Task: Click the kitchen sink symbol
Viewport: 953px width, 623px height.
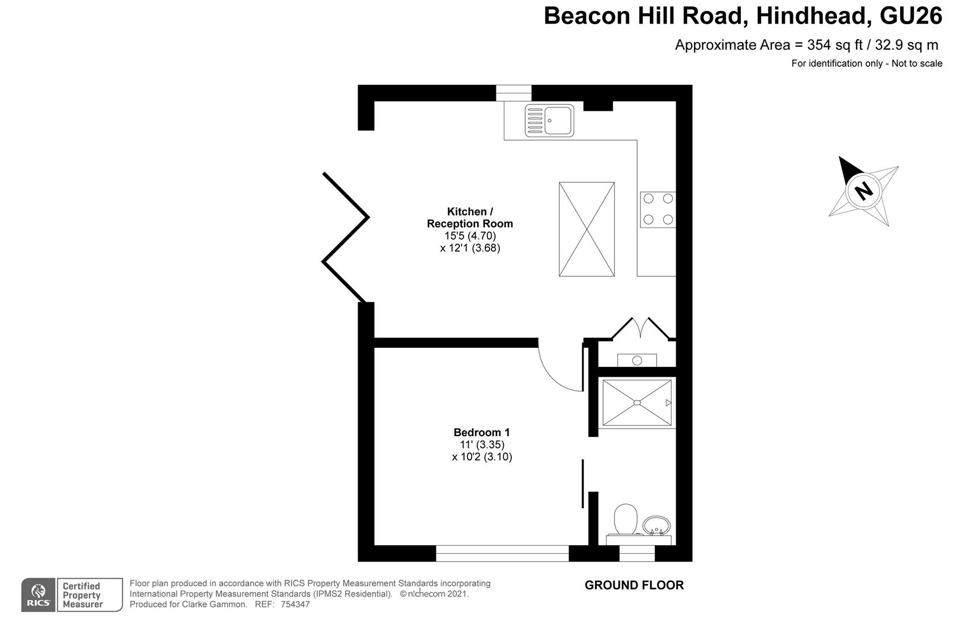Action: pyautogui.click(x=549, y=121)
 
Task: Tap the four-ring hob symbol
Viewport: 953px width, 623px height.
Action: pyautogui.click(x=658, y=209)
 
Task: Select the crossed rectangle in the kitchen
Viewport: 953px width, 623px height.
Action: pyautogui.click(x=587, y=230)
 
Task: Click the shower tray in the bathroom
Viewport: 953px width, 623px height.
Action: pyautogui.click(x=637, y=403)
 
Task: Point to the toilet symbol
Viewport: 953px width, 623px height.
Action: pyautogui.click(x=626, y=519)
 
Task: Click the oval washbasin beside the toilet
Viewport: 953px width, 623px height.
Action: pyautogui.click(x=656, y=526)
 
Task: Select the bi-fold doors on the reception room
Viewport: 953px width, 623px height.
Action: pyautogui.click(x=345, y=238)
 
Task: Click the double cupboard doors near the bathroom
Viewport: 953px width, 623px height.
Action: pyautogui.click(x=641, y=329)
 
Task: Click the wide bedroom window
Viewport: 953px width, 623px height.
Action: pyautogui.click(x=503, y=553)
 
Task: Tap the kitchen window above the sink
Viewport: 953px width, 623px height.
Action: pyautogui.click(x=514, y=93)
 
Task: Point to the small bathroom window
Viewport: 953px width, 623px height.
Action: pyautogui.click(x=637, y=553)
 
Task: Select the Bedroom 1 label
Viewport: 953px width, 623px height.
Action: pyautogui.click(x=481, y=433)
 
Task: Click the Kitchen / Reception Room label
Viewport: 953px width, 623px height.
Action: pyautogui.click(x=470, y=217)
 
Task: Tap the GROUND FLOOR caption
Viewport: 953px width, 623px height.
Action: pyautogui.click(x=634, y=585)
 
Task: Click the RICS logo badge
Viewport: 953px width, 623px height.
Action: pyautogui.click(x=38, y=595)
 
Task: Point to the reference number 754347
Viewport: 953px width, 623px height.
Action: pyautogui.click(x=295, y=605)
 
